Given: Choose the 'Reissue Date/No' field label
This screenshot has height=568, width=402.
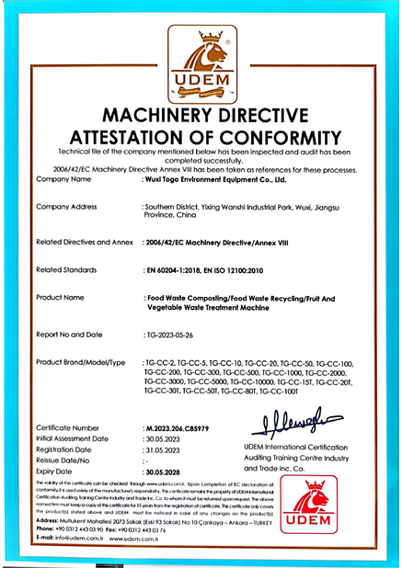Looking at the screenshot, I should coord(66,460).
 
